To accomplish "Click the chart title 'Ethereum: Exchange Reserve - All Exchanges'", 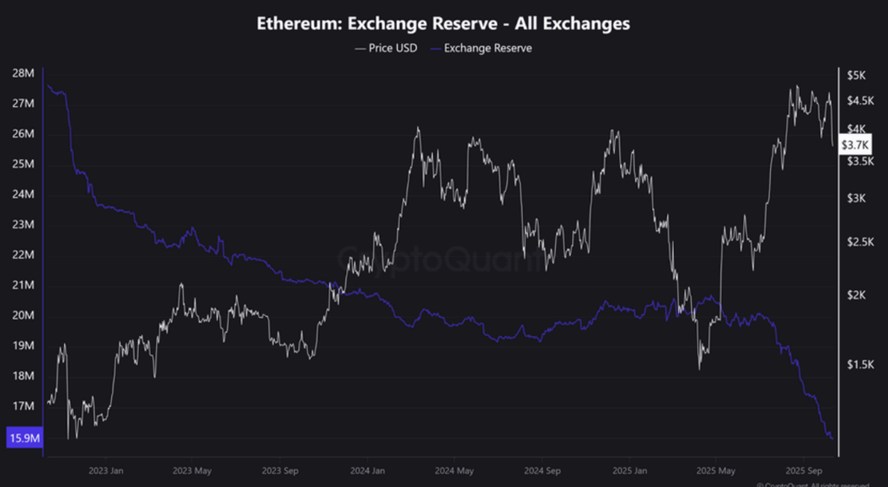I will [x=443, y=24].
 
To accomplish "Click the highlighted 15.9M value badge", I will [x=22, y=438].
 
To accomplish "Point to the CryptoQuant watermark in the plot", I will [x=442, y=258].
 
